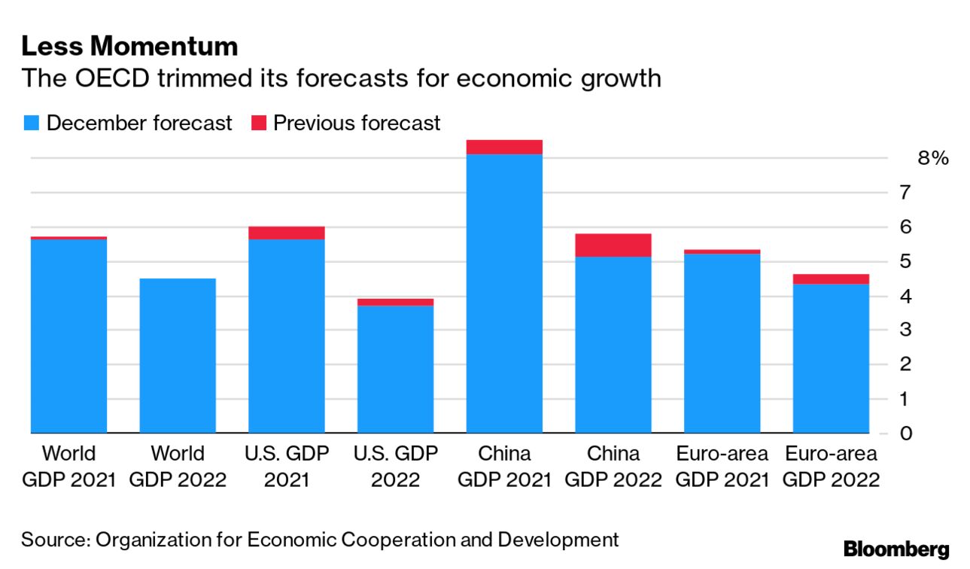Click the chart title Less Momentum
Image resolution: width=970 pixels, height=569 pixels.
point(129,47)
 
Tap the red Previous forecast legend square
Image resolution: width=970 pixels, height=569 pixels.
point(258,123)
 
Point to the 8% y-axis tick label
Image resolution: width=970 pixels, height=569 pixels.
point(932,158)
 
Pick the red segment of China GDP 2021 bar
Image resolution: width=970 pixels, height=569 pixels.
point(504,147)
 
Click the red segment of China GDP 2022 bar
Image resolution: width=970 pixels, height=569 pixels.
point(613,245)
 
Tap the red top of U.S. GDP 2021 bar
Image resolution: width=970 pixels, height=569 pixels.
point(287,233)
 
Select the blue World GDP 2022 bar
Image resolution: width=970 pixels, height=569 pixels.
point(178,356)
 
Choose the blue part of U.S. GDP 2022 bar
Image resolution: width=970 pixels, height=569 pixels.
point(395,370)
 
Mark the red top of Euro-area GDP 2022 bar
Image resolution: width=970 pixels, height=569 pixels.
point(831,279)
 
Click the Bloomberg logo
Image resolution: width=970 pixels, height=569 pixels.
point(896,549)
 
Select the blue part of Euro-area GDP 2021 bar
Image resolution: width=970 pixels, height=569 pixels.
point(722,343)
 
